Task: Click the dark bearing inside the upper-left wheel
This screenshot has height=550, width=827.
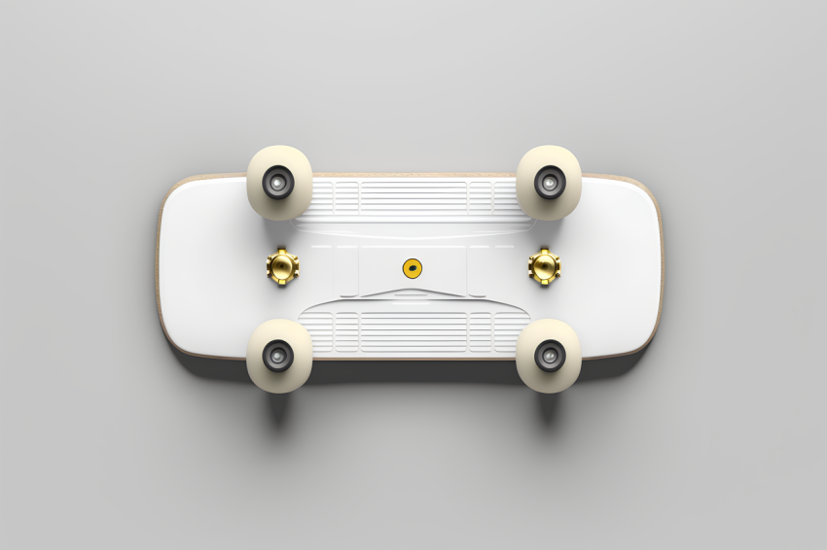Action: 279,182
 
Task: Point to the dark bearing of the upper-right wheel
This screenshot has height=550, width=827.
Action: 549,182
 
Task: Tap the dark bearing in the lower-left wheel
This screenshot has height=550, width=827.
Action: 279,356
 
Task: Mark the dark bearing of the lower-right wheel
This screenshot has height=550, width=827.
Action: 549,356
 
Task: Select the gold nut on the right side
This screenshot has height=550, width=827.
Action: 544,265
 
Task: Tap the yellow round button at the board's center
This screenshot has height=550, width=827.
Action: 413,267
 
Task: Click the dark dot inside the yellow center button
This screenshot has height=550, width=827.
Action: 413,267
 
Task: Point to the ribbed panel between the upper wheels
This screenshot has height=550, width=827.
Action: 413,195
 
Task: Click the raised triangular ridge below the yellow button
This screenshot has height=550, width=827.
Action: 413,291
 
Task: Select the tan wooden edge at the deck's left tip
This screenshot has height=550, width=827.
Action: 160,267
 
